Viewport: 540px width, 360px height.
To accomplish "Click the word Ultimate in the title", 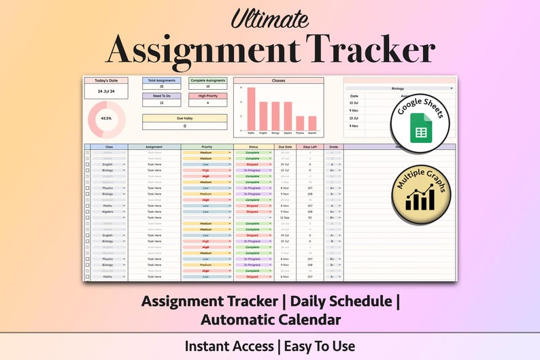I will tap(270, 18).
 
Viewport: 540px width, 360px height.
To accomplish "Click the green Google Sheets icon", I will tap(421, 127).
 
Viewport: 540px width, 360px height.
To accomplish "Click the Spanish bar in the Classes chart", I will tap(312, 123).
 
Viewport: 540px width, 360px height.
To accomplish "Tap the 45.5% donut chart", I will tap(106, 118).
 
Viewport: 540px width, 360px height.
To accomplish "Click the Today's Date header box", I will tap(106, 80).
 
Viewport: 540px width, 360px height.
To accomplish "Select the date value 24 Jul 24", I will tap(106, 91).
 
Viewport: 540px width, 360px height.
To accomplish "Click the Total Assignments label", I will tap(161, 80).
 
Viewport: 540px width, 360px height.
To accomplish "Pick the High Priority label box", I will tap(207, 96).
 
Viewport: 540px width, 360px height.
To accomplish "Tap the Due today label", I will tap(184, 118).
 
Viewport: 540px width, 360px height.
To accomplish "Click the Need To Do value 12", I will tap(161, 103).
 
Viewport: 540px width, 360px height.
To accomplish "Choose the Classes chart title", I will tap(278, 80).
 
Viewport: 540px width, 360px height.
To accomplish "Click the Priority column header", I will tap(207, 146).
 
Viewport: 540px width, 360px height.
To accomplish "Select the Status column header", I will tap(253, 146).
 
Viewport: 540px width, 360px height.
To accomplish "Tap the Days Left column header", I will tap(309, 146).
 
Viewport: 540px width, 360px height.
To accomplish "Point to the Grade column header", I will tap(333, 146).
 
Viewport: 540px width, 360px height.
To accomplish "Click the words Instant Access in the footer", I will tap(228, 346).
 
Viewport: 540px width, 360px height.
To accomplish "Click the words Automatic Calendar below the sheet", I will tap(270, 318).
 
